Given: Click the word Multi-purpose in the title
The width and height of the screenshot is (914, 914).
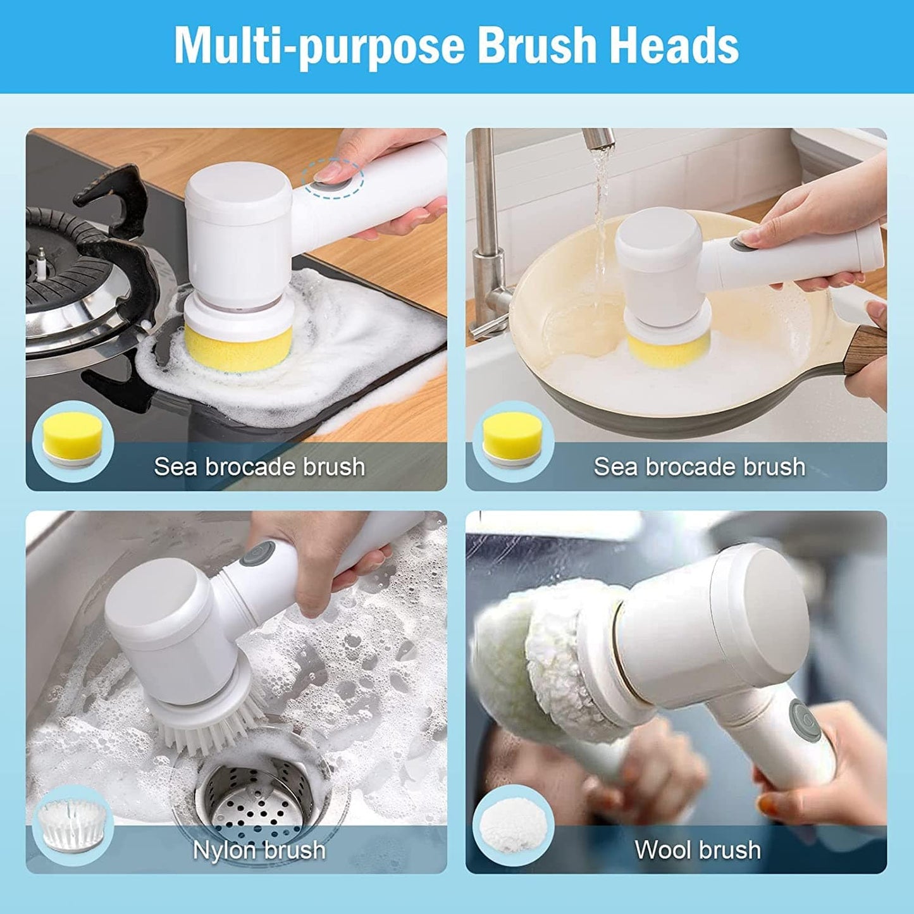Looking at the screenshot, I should coord(320,46).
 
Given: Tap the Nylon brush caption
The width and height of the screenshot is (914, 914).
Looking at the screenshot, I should coord(259,849).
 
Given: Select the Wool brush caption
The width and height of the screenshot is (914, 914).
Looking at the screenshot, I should coord(698,849).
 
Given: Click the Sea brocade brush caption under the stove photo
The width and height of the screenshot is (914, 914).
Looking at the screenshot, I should coord(259,467).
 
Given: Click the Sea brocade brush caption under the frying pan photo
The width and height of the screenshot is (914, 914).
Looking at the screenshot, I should coord(700,467).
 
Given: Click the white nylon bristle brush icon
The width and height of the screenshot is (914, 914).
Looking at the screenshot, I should coord(71,822).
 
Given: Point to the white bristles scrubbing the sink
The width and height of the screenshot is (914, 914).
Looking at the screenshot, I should coord(209,727).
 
